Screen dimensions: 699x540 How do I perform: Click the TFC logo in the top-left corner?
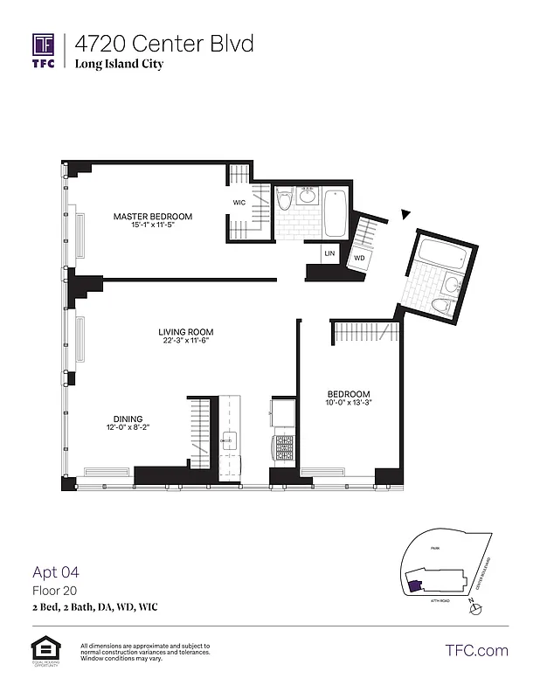pos(44,50)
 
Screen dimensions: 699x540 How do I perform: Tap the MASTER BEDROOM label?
pos(152,217)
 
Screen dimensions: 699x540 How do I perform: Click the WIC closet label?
pos(239,202)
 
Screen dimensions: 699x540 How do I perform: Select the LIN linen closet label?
pos(329,253)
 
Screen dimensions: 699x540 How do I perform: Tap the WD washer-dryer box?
pos(359,259)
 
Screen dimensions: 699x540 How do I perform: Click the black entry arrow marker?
pos(404,213)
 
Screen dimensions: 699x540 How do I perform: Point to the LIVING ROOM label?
pos(185,332)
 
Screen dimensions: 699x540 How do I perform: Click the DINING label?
pos(128,419)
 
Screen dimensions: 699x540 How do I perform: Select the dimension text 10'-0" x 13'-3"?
pos(350,403)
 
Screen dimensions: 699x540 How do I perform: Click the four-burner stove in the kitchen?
pos(284,449)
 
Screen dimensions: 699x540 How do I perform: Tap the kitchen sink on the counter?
pos(230,439)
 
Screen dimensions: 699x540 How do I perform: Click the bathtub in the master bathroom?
pos(336,213)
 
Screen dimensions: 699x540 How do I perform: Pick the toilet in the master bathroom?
pos(284,204)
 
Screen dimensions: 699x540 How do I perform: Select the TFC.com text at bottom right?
pos(476,650)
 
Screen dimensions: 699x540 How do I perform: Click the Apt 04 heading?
pos(56,573)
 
